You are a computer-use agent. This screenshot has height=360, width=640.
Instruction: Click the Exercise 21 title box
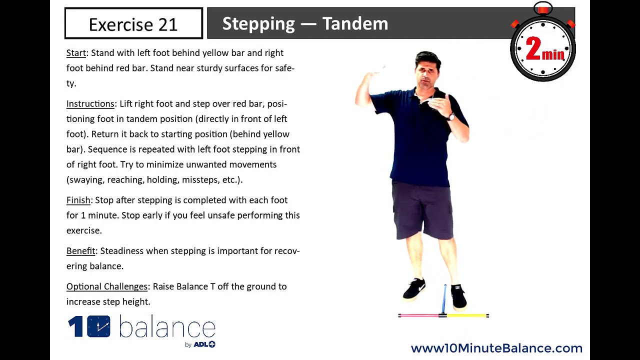[133, 23]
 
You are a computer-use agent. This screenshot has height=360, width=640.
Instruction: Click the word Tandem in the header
[355, 23]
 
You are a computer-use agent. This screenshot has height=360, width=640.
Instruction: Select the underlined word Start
[76, 53]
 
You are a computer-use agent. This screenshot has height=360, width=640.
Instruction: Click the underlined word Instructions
[90, 104]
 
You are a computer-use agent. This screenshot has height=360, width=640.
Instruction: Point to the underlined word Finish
[78, 200]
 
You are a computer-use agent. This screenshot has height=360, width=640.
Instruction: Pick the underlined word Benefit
[80, 251]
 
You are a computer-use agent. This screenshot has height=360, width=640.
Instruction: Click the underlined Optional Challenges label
[107, 286]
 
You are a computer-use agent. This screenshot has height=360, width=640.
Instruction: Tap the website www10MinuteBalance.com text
[496, 348]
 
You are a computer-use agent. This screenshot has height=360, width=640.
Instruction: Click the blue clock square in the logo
[98, 326]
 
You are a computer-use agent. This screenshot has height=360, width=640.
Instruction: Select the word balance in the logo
[167, 328]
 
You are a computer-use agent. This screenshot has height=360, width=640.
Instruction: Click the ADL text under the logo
[201, 344]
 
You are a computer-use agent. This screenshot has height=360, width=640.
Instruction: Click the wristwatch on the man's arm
[451, 116]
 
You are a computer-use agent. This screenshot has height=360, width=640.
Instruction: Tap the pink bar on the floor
[419, 315]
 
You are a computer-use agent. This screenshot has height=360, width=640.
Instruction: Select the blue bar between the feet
[444, 299]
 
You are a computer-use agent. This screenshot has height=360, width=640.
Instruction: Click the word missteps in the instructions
[199, 179]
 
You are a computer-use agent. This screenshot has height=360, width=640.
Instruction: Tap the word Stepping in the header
[258, 23]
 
